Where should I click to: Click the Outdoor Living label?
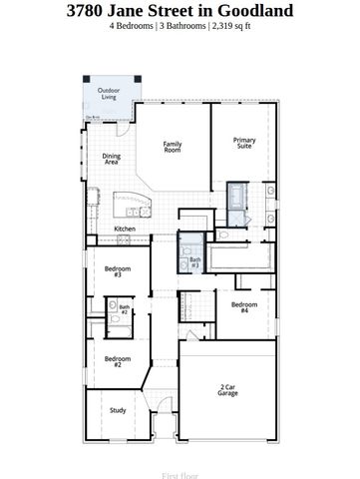(x=108, y=94)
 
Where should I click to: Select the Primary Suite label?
(x=244, y=143)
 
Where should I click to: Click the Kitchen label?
(x=125, y=229)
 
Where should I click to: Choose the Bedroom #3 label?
(x=117, y=271)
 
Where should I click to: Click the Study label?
(x=117, y=409)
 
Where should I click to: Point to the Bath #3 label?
(x=193, y=262)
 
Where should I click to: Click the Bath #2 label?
(x=124, y=309)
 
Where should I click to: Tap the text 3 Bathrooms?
(x=185, y=27)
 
